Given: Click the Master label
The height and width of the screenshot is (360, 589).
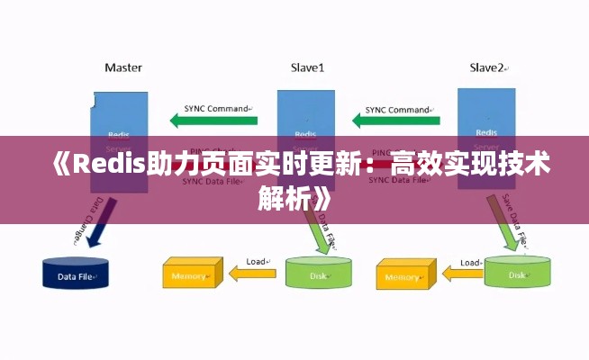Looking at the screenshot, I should click(x=123, y=67).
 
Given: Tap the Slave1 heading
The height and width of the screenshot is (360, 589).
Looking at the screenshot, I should click(x=307, y=67).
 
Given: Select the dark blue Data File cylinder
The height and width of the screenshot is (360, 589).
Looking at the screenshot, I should click(x=76, y=274).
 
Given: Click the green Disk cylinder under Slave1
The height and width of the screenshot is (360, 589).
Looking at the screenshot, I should click(x=319, y=272).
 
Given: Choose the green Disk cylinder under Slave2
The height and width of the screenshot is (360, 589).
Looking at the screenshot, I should click(x=516, y=272).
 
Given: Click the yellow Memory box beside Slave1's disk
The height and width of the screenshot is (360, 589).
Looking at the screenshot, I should click(x=191, y=274).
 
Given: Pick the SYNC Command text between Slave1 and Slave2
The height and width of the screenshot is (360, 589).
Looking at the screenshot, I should click(x=397, y=108).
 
